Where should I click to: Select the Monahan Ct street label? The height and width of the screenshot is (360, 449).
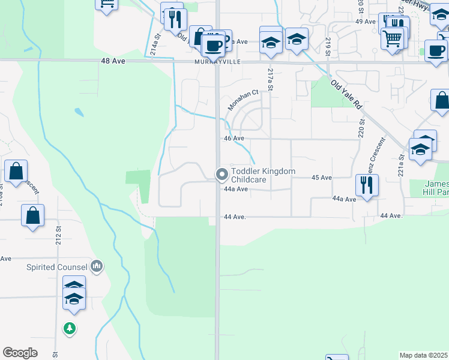point(243,100)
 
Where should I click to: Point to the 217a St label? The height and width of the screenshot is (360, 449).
point(270,79)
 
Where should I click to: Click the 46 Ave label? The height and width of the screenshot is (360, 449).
point(234,138)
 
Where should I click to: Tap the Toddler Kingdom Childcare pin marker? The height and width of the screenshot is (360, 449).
point(222,175)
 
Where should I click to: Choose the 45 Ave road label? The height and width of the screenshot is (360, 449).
point(322,178)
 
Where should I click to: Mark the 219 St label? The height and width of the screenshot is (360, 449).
point(328,46)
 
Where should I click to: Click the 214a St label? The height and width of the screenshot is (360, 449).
point(157,44)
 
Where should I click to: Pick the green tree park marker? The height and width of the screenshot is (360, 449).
point(70,328)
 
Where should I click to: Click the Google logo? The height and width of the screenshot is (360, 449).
point(20,353)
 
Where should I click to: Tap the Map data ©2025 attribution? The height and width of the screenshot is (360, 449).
point(423,355)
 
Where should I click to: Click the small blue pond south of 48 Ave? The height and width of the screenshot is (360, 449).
point(79,112)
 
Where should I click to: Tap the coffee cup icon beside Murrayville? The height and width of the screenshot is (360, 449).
point(212,44)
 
